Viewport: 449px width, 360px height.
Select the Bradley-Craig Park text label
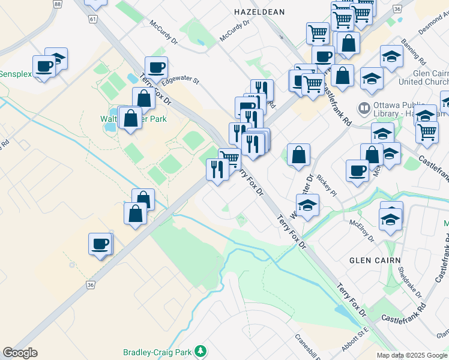pyautogui.click(x=160, y=352)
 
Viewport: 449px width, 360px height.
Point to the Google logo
pyautogui.click(x=20, y=353)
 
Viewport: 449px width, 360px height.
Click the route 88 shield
pyautogui.click(x=57, y=4)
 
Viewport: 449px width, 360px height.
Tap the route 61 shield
pyautogui.click(x=92, y=19)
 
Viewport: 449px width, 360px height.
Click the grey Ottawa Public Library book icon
pyautogui.click(x=363, y=109)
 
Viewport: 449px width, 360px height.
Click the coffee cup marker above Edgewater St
pyautogui.click(x=156, y=67)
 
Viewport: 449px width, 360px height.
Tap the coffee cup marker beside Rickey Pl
pyautogui.click(x=357, y=170)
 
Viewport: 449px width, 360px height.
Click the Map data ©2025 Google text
pyautogui.click(x=412, y=355)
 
